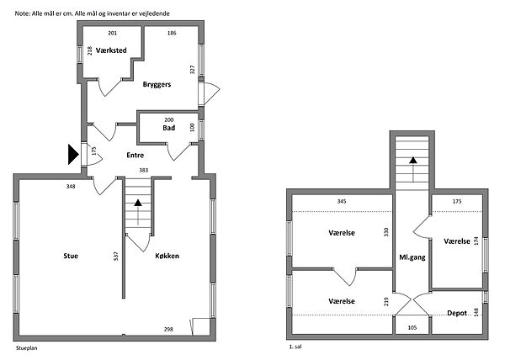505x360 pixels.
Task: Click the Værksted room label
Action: tap(111, 50)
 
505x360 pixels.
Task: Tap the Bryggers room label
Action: tap(157, 85)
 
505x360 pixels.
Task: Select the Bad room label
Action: tap(169, 128)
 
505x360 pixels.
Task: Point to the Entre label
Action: tap(135, 156)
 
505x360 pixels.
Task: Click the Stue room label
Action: tap(71, 256)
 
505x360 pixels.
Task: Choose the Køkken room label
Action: tap(167, 256)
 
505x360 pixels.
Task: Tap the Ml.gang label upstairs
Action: tap(412, 257)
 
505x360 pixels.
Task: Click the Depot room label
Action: tap(457, 313)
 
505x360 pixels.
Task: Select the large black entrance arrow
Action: tap(73, 155)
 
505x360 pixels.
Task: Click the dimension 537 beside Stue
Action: tap(116, 256)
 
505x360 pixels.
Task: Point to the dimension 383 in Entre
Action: tap(144, 170)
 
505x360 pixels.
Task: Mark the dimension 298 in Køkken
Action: tap(168, 329)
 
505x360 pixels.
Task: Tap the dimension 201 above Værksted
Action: tap(113, 33)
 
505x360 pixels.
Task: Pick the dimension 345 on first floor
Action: tap(342, 201)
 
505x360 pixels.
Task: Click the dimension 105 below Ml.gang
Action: tap(412, 328)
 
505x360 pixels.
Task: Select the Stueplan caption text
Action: tap(27, 348)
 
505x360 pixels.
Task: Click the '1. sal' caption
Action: tap(295, 347)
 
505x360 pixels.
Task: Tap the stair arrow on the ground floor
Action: tap(138, 212)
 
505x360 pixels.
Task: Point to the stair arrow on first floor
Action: tap(413, 170)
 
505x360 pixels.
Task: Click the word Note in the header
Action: tap(22, 13)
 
